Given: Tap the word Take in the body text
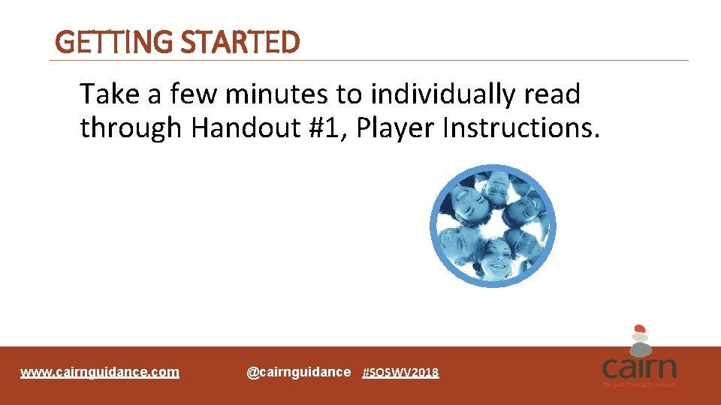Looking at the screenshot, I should (110, 94).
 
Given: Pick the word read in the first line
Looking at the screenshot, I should (553, 94).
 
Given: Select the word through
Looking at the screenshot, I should (131, 128).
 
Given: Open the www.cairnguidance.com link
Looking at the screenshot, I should (100, 372).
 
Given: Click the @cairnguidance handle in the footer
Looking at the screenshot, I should (298, 372).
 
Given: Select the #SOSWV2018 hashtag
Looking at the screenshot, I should (400, 373).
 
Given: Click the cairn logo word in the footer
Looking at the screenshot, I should (639, 368).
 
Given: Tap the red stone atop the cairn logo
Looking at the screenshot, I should (640, 328).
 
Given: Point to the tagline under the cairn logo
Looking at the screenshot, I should (639, 385).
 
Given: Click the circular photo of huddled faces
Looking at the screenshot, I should (493, 226).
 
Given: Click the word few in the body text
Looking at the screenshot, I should (194, 94).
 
